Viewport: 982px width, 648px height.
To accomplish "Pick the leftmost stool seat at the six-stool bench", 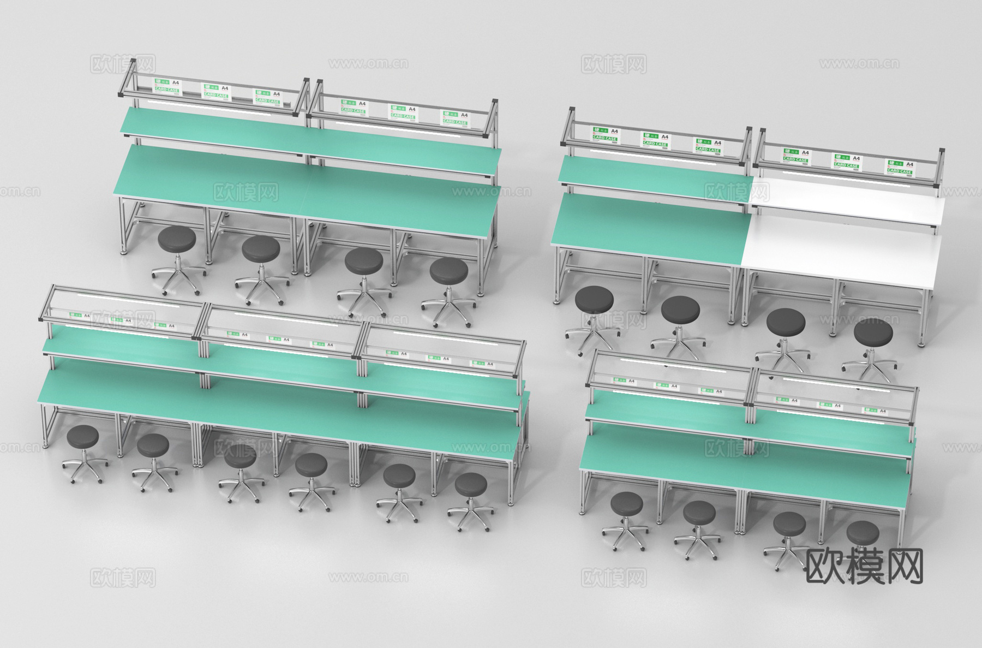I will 82,436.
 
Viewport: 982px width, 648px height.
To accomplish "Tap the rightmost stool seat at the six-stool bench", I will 471,484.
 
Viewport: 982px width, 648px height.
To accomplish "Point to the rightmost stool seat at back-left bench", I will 449,270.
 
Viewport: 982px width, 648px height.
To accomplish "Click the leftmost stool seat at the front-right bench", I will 627,503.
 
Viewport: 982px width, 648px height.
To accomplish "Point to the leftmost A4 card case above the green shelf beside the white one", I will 604,134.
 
